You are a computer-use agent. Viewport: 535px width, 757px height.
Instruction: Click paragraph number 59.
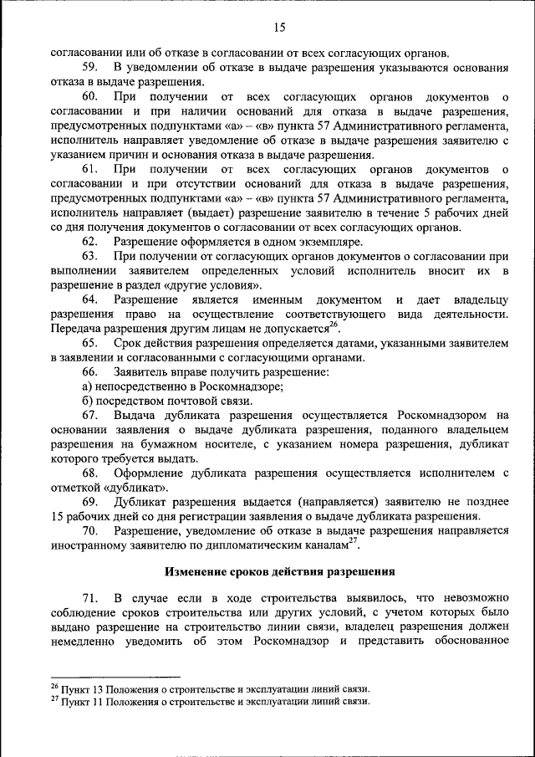tap(92, 66)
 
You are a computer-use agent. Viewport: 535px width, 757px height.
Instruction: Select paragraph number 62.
tap(92, 241)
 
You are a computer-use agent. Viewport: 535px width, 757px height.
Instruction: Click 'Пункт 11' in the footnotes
tap(83, 703)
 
